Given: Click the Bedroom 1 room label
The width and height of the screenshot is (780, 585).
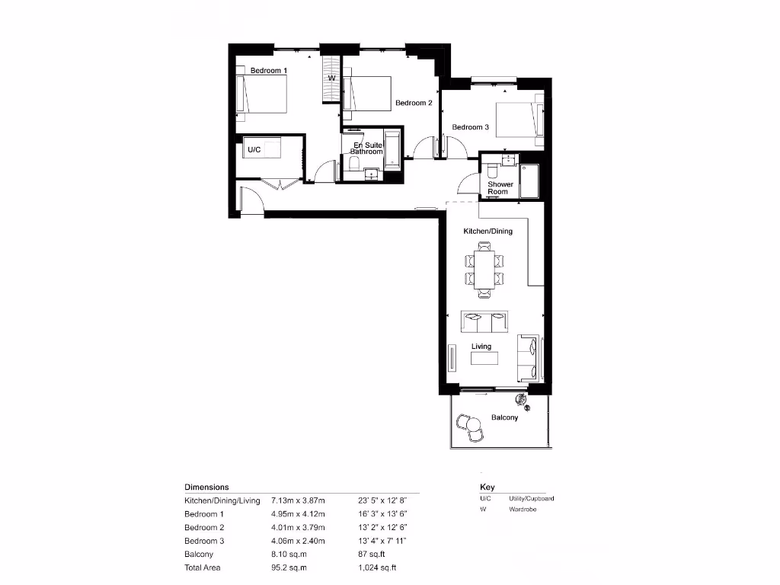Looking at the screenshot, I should (x=269, y=71).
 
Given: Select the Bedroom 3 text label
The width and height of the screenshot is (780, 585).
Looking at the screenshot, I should (x=471, y=127).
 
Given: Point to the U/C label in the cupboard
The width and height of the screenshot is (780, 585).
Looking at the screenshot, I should (x=254, y=150).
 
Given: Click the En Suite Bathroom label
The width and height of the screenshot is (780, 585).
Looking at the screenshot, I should (x=366, y=148).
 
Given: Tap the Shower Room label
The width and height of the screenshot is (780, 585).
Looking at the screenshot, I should (x=500, y=187).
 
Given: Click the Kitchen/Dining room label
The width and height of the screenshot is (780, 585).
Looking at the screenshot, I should (x=488, y=231).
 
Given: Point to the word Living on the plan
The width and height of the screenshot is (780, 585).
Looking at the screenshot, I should (x=481, y=347).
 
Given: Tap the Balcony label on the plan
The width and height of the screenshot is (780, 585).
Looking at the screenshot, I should (x=504, y=417).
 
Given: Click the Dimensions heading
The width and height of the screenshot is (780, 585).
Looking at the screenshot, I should (x=206, y=487).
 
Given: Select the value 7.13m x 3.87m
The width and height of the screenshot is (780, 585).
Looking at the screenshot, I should (x=298, y=500).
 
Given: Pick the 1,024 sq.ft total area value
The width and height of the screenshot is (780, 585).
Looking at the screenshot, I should (x=377, y=568).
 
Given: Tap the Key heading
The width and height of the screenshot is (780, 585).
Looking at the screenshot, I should (x=487, y=487).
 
